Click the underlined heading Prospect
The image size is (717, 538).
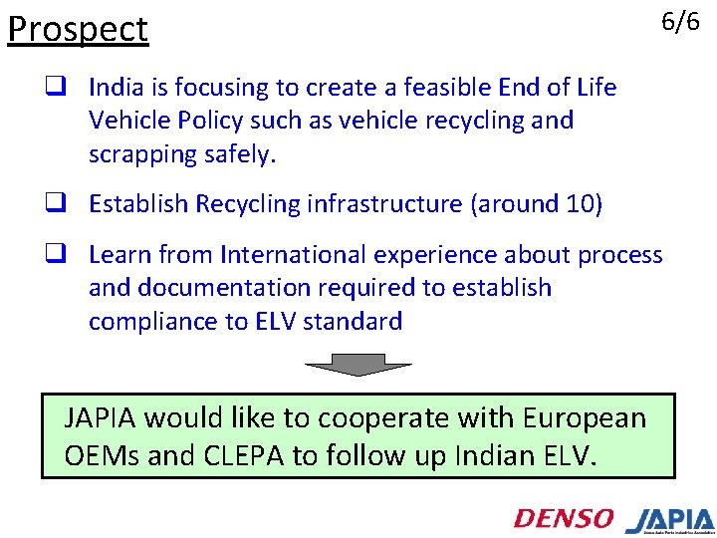tap(78, 30)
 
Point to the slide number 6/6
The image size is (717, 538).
tap(681, 22)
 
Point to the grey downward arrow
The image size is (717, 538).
tap(345, 365)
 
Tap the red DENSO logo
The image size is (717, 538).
tap(564, 518)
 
